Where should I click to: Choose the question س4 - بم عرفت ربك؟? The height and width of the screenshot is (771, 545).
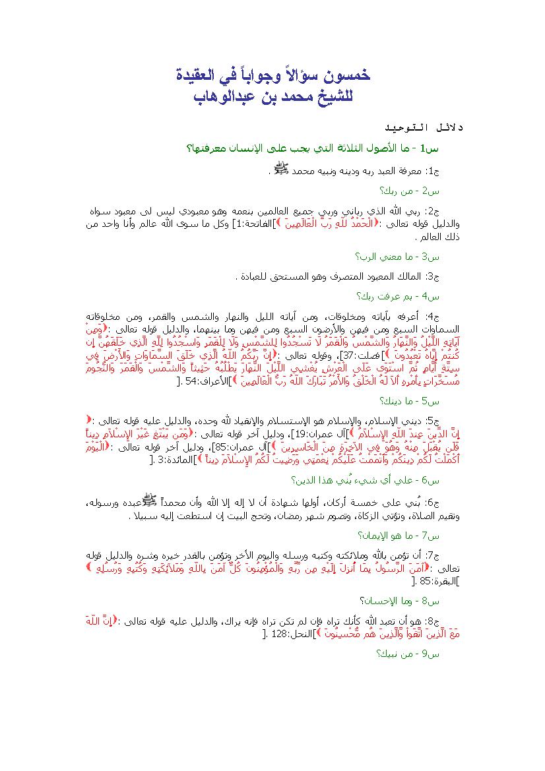click(x=399, y=296)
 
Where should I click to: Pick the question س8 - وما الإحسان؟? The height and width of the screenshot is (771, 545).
click(x=399, y=600)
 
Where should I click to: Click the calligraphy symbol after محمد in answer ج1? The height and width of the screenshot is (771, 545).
click(x=280, y=169)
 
